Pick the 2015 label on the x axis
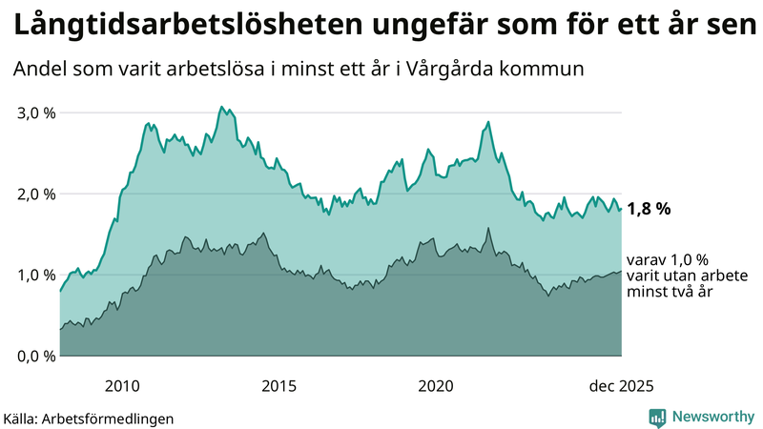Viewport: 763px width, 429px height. [x=278, y=386]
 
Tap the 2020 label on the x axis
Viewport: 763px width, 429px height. [x=435, y=386]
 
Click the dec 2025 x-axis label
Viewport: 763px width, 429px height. [x=621, y=386]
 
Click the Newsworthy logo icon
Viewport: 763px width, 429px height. [x=657, y=417]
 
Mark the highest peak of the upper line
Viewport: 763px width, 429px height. [x=221, y=107]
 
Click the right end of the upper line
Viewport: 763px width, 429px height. [x=621, y=209]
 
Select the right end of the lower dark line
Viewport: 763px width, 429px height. [x=621, y=272]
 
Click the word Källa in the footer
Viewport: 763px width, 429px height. [x=24, y=419]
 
